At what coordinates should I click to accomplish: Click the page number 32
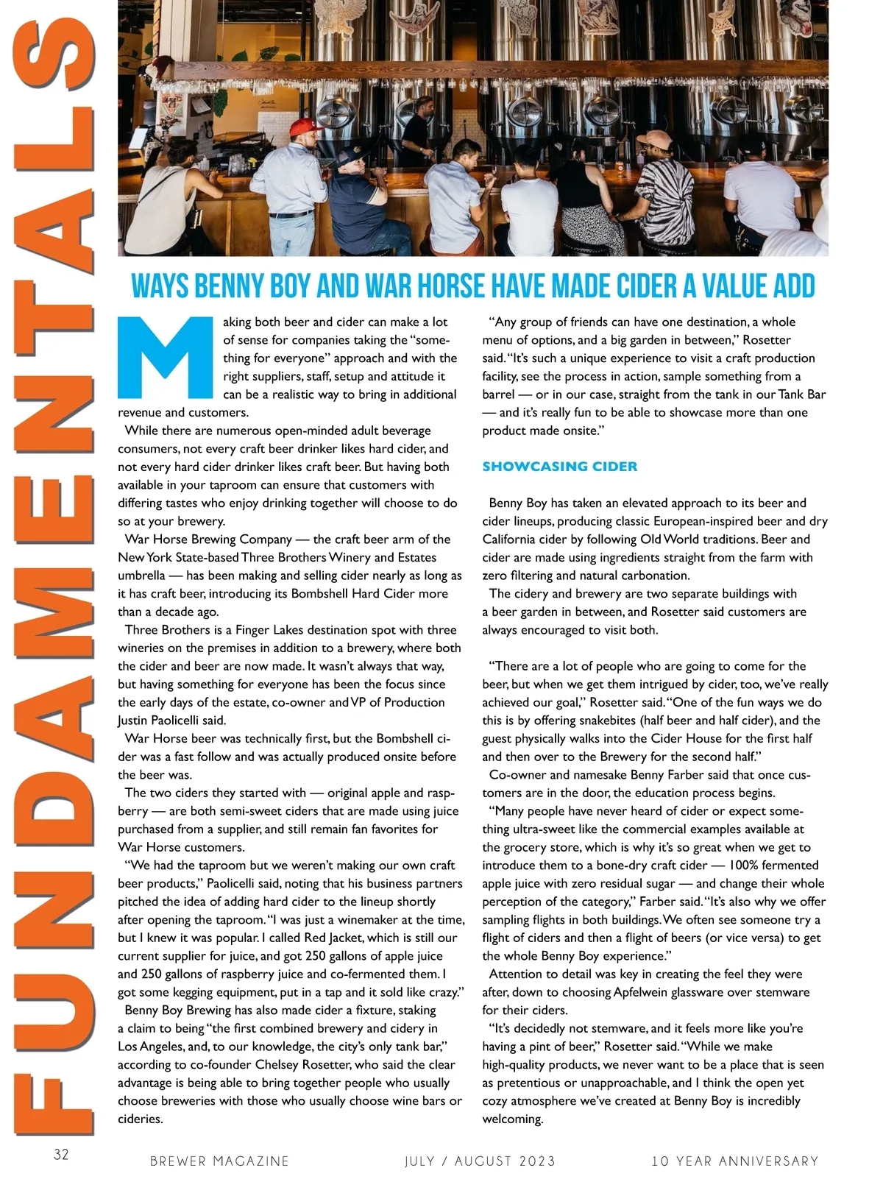(61, 1154)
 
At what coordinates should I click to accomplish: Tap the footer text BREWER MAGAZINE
(219, 1161)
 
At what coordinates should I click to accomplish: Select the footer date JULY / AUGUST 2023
(480, 1161)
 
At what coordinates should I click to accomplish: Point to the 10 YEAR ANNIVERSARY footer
(734, 1161)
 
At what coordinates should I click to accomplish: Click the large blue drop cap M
(167, 357)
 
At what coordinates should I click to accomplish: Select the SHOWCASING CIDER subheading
(559, 467)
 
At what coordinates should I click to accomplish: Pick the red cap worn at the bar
(306, 127)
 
